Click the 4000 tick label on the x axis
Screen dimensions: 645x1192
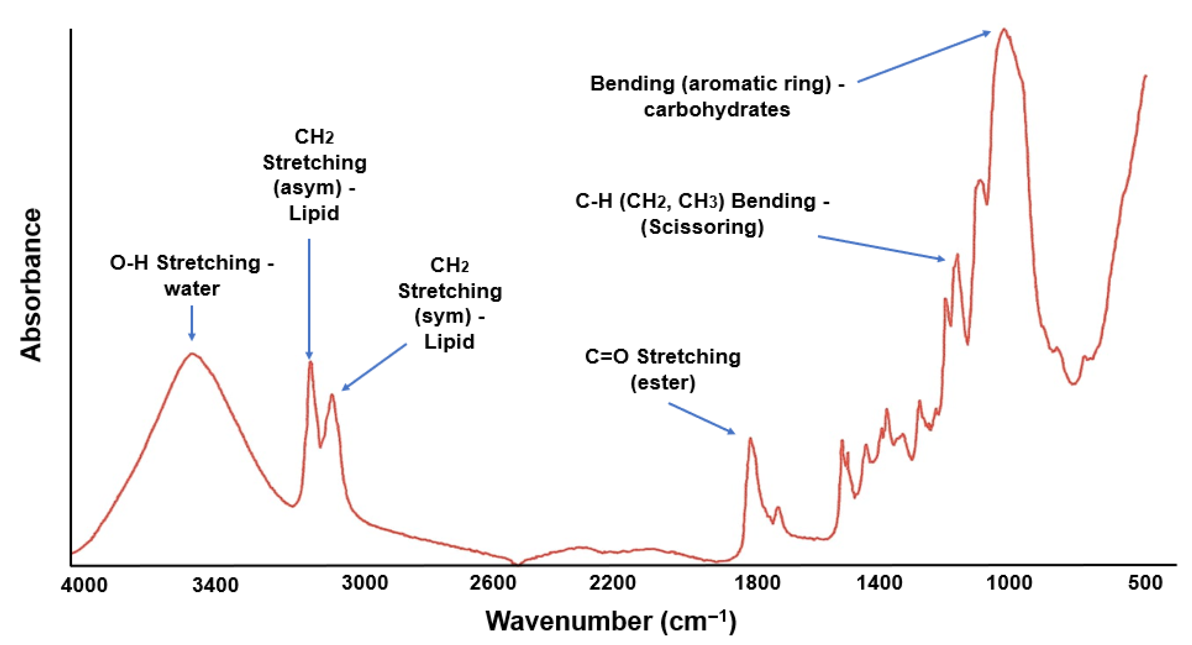[x=84, y=585]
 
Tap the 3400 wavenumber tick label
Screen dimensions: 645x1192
[x=215, y=585]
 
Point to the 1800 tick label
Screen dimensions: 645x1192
[x=757, y=583]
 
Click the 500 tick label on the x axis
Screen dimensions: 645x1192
[x=1145, y=583]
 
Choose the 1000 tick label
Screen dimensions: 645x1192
[x=1009, y=583]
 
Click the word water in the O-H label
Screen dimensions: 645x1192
[x=191, y=289]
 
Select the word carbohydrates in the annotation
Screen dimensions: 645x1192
[x=717, y=109]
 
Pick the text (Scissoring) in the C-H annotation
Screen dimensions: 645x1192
[x=702, y=227]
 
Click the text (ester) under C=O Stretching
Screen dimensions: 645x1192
[x=663, y=383]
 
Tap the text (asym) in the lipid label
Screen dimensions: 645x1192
[x=308, y=188]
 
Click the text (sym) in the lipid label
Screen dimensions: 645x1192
[x=443, y=317]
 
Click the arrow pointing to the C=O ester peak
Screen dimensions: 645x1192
[x=701, y=418]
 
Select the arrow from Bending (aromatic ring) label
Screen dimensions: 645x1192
[x=924, y=56]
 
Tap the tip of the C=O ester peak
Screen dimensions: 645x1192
[x=750, y=438]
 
